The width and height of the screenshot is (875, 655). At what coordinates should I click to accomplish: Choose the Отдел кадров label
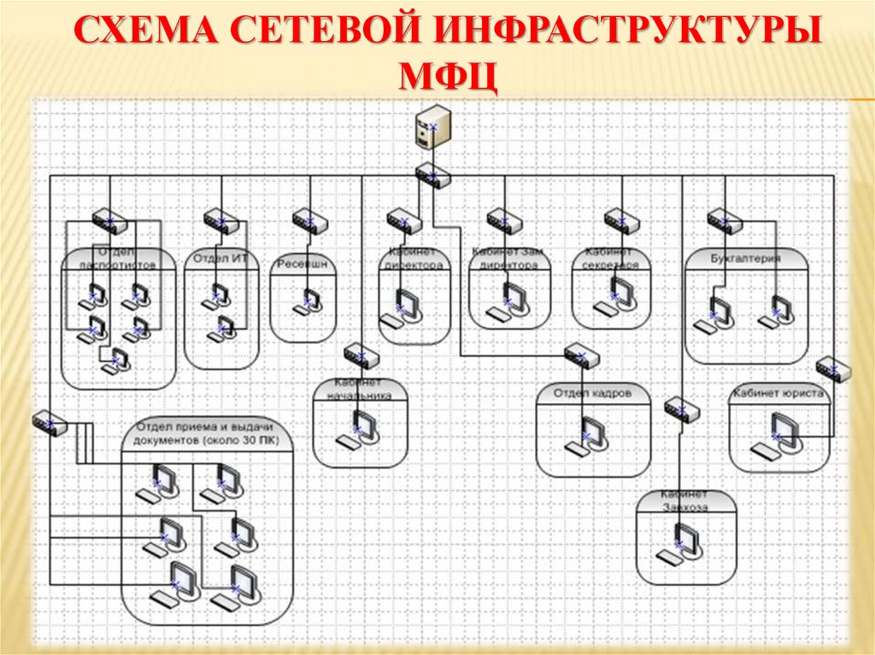[x=592, y=394]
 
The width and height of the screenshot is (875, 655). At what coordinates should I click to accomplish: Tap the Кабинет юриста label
[x=778, y=394]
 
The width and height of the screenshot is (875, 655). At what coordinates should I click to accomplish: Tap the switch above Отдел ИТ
[x=221, y=222]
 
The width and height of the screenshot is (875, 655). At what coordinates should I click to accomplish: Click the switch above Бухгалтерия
[x=725, y=221]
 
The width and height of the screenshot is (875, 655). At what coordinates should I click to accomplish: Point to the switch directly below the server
[x=432, y=175]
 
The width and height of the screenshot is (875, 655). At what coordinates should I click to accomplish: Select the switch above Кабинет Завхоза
[x=682, y=410]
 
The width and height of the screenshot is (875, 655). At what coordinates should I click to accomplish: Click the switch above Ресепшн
[x=309, y=221]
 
